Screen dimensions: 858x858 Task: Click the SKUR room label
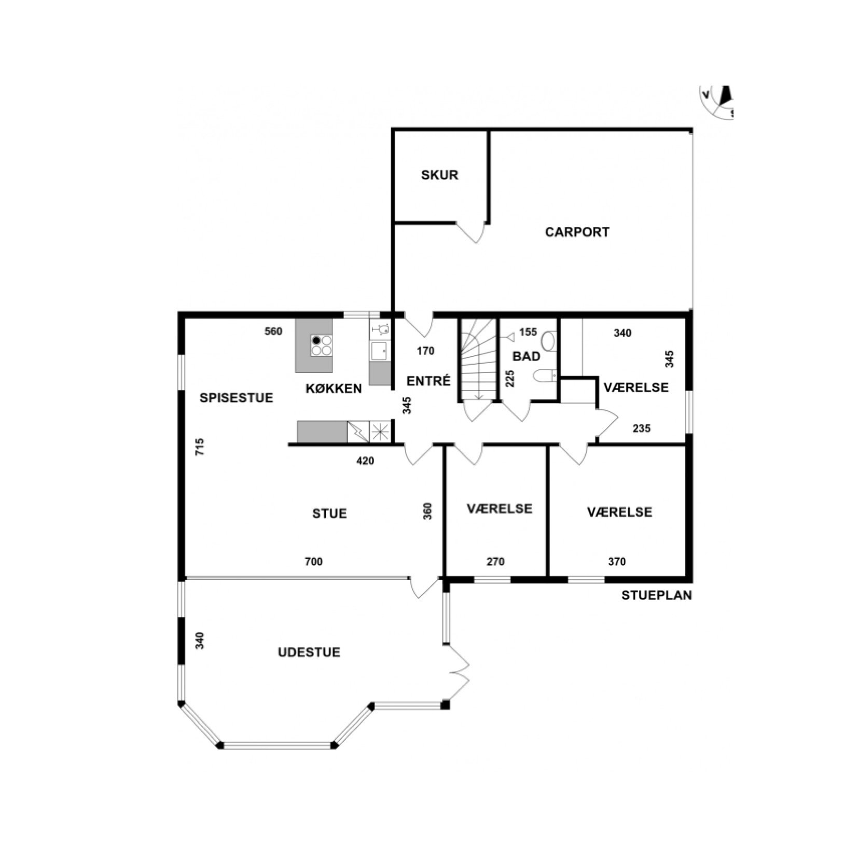[x=439, y=175]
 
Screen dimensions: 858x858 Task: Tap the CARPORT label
[x=577, y=232]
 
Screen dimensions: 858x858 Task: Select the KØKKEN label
[x=334, y=388]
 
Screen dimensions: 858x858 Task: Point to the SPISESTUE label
[x=237, y=398]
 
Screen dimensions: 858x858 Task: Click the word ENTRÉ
[x=428, y=381]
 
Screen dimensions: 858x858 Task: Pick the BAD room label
[x=526, y=356]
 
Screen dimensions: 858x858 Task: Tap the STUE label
[x=329, y=514]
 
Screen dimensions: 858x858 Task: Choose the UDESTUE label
[x=309, y=652]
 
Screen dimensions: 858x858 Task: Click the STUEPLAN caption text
[x=657, y=596]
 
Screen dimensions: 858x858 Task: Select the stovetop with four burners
[x=321, y=345]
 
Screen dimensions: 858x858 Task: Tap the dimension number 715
[x=200, y=447]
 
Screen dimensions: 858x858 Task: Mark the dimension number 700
[x=313, y=561]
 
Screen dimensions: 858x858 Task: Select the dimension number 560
[x=273, y=331]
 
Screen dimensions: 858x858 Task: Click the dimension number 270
[x=495, y=561]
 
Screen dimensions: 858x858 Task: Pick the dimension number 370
[x=617, y=561]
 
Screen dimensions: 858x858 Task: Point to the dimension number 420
[x=365, y=461]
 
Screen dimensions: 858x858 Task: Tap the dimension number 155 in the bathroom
[x=528, y=332]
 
